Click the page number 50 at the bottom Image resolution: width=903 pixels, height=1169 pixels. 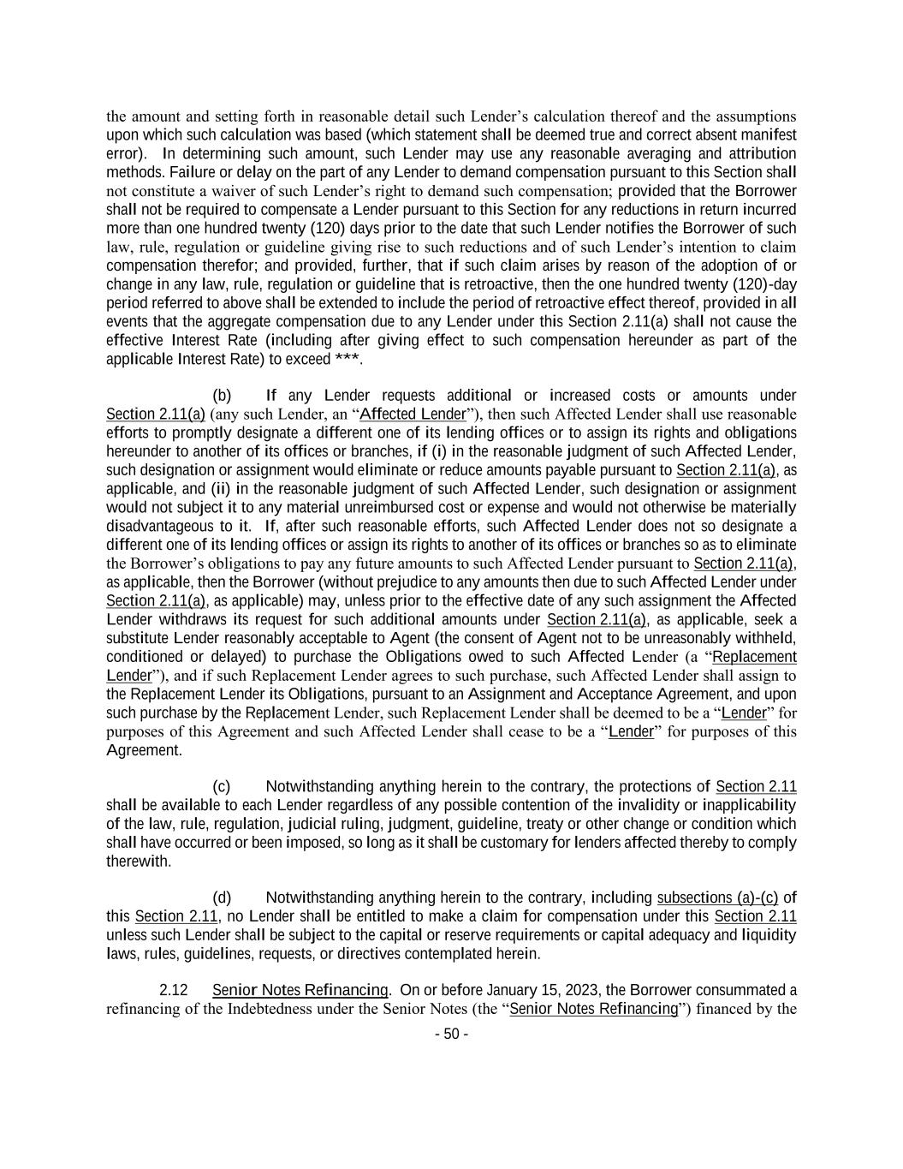pyautogui.click(x=451, y=1034)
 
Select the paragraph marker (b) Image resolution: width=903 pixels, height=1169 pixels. pyautogui.click(x=222, y=396)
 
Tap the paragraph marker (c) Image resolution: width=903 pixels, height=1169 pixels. pyautogui.click(x=222, y=786)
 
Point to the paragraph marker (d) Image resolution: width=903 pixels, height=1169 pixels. pyautogui.click(x=222, y=898)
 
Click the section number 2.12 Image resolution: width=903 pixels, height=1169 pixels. pyautogui.click(x=174, y=990)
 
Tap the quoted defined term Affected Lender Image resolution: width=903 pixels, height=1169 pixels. pyautogui.click(x=413, y=415)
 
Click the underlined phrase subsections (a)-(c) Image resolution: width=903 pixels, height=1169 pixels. pyautogui.click(x=717, y=898)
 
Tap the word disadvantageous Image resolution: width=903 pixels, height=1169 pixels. pyautogui.click(x=157, y=526)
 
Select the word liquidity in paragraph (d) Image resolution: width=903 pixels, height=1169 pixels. pyautogui.click(x=769, y=935)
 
